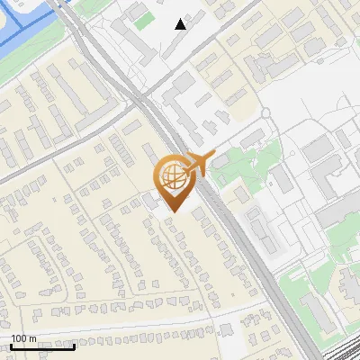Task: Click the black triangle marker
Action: (181, 24)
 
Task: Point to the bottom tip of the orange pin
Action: (172, 212)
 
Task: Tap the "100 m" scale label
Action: (24, 338)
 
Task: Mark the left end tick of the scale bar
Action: (11, 345)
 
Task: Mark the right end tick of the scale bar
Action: (75, 345)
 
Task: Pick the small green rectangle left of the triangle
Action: (143, 20)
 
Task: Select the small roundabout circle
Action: (266, 113)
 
